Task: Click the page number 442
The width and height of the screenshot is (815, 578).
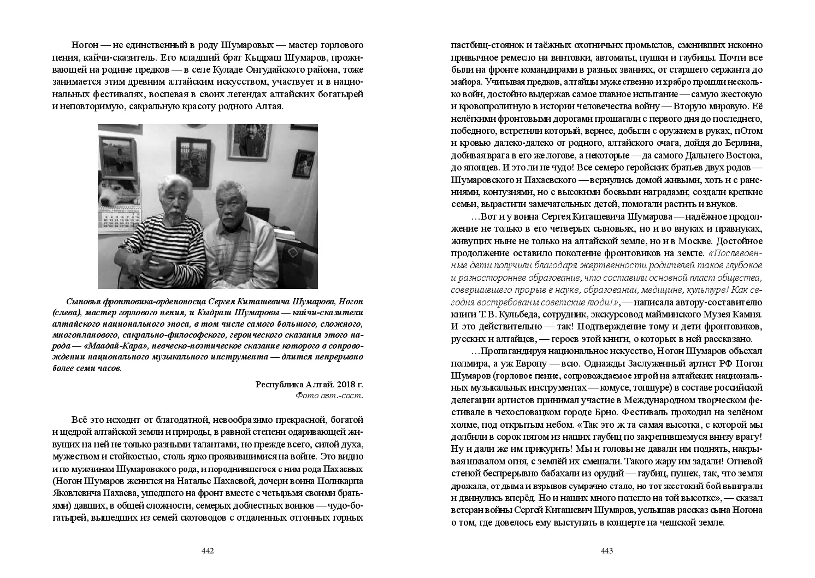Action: point(208,551)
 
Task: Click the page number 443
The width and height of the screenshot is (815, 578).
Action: point(607,551)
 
